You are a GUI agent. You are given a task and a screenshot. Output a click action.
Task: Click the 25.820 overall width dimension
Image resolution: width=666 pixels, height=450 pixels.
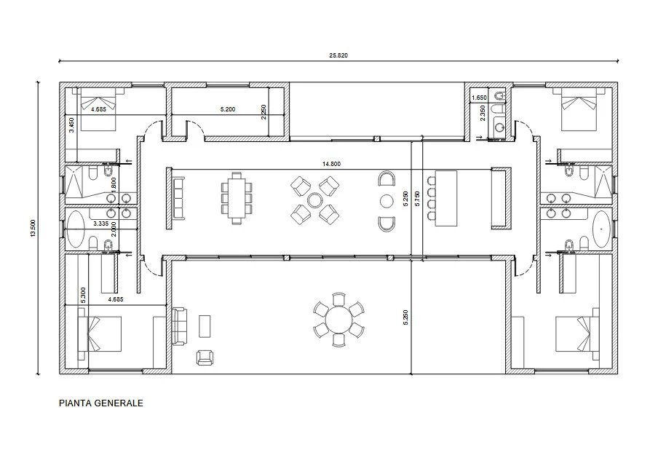click(x=338, y=55)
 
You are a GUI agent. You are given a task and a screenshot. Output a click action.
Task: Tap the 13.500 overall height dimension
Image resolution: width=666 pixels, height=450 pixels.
click(x=33, y=228)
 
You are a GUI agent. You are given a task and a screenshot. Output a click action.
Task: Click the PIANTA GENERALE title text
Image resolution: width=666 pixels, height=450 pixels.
click(x=101, y=403)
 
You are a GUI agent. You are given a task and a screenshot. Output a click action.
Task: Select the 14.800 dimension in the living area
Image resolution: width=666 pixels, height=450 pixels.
click(x=331, y=164)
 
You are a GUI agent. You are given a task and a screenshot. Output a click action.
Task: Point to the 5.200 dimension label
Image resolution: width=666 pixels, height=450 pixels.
click(x=228, y=109)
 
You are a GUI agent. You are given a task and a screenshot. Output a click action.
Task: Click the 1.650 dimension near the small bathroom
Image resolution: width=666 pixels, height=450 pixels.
click(x=479, y=98)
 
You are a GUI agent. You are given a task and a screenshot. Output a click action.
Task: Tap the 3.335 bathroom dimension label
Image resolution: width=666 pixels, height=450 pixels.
click(x=100, y=223)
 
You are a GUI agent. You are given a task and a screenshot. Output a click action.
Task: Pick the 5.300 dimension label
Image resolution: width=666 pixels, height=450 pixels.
click(x=83, y=295)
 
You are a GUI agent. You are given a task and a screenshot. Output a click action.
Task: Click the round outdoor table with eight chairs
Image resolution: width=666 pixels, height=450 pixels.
click(x=338, y=319)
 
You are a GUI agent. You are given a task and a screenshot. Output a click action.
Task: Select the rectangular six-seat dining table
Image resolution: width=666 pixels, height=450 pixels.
click(x=237, y=197)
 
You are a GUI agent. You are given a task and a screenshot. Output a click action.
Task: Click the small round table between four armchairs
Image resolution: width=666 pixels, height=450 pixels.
click(x=314, y=200)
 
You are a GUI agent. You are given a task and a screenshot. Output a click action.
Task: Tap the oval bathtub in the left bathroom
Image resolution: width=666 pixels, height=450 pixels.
click(x=76, y=229)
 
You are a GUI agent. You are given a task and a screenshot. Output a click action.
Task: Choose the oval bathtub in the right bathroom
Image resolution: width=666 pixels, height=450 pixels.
click(x=601, y=229)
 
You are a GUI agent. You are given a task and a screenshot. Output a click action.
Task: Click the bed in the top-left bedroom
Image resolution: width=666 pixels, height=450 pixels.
click(x=98, y=109)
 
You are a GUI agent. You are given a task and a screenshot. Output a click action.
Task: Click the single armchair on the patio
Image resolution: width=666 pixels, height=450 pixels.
click(x=205, y=358)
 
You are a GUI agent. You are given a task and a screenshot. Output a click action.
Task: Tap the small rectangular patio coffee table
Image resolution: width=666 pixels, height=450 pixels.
click(x=205, y=326)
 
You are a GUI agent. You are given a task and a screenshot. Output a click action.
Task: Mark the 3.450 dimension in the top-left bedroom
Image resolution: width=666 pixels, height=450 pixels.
click(x=72, y=125)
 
